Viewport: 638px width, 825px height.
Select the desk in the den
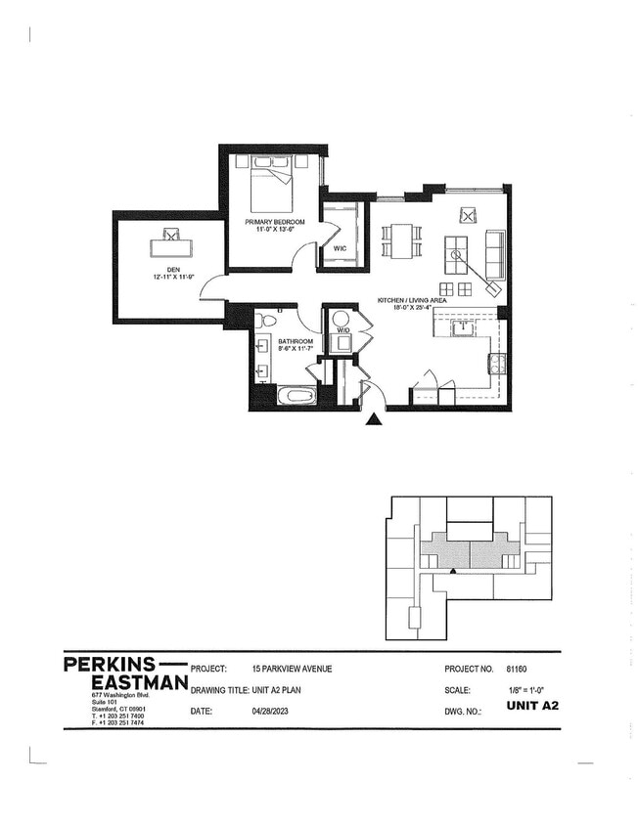coord(171,241)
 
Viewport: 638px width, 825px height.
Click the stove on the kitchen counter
coord(496,364)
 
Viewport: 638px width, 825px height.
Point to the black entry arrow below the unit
coord(373,420)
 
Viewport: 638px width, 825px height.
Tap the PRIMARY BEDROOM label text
coord(274,222)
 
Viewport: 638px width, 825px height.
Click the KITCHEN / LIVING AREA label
coord(413,300)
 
